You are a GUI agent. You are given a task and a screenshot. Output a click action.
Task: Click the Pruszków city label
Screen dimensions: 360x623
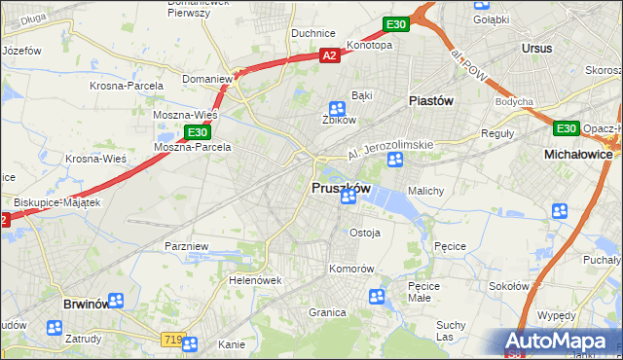click(x=340, y=188)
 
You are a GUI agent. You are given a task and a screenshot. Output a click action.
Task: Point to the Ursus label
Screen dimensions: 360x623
click(x=536, y=48)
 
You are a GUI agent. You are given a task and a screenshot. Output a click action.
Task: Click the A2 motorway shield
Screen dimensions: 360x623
click(x=330, y=56)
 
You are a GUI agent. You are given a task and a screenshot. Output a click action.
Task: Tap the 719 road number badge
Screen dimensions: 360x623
click(x=173, y=339)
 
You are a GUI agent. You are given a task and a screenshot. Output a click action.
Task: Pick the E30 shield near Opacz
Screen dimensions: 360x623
click(x=567, y=127)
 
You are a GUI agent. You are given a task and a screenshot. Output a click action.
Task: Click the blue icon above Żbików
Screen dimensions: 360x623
click(x=337, y=109)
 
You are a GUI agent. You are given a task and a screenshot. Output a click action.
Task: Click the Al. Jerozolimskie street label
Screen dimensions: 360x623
click(x=390, y=150)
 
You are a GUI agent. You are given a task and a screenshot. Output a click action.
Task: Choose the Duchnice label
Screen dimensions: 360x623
click(x=313, y=33)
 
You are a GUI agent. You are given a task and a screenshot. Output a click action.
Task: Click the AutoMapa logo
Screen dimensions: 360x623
click(x=556, y=341)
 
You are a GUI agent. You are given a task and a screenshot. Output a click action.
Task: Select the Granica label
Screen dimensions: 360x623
click(x=328, y=312)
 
